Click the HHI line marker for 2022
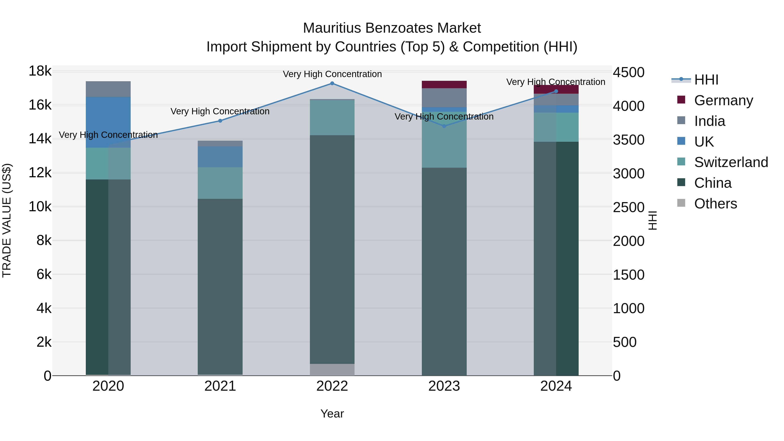[332, 83]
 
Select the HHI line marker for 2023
[444, 126]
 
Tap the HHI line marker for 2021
[220, 121]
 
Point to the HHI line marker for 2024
[556, 91]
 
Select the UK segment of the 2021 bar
[220, 157]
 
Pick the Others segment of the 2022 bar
[332, 370]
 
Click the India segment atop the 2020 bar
[108, 89]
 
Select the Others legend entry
[715, 204]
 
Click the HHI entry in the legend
[706, 80]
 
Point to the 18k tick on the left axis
[40, 71]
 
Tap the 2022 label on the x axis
[332, 386]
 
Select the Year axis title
[332, 414]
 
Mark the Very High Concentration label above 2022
[332, 74]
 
